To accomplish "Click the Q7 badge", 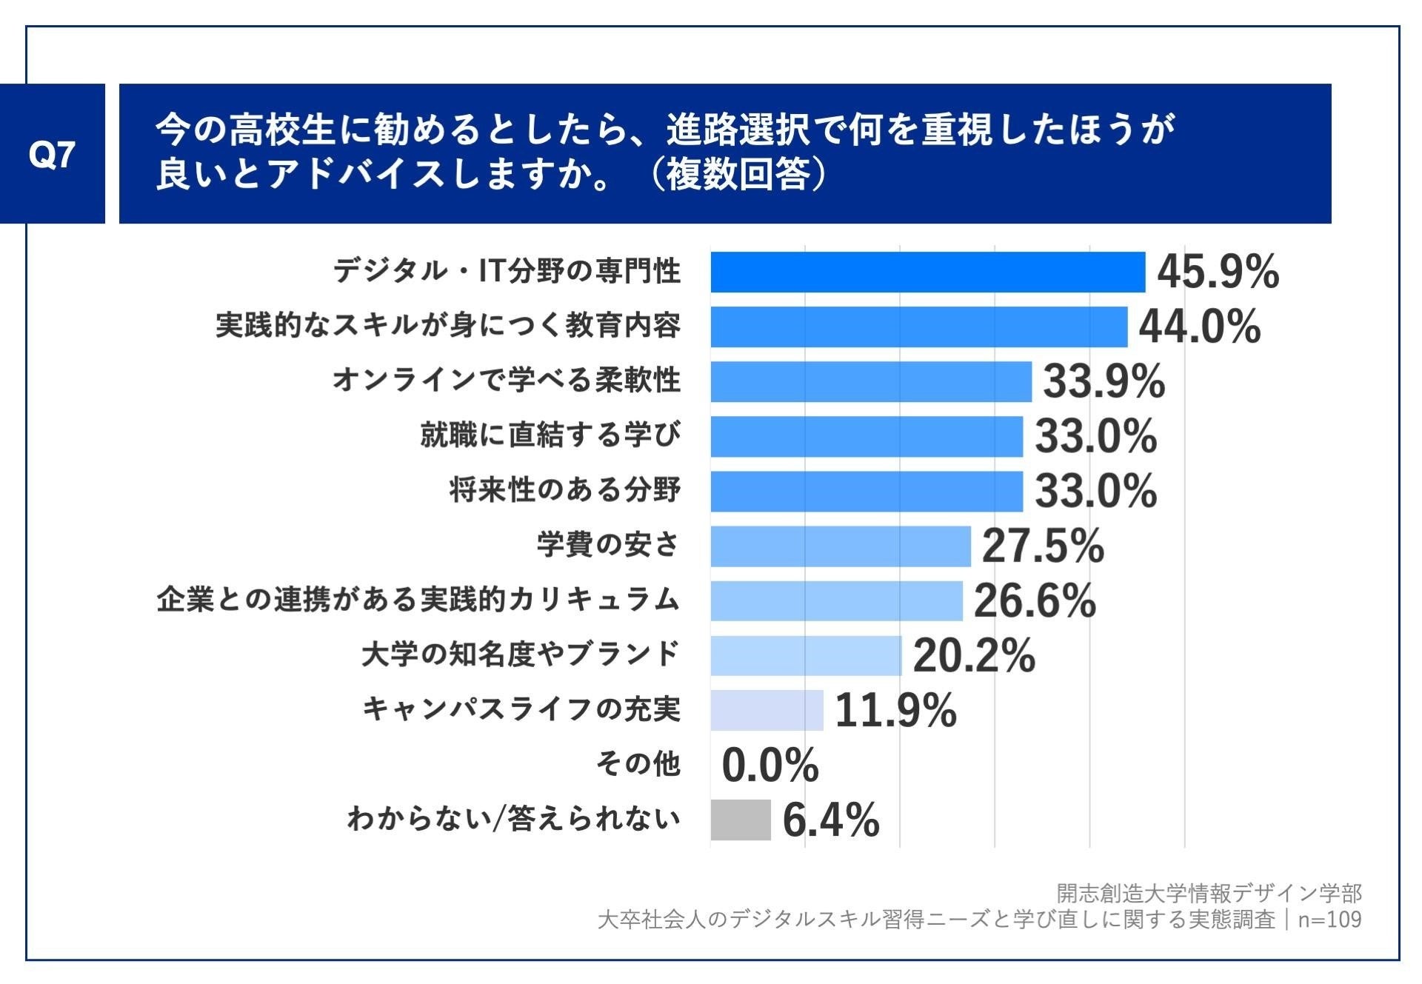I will [52, 154].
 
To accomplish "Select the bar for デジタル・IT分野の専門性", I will [927, 272].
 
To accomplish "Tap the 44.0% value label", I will [1199, 327].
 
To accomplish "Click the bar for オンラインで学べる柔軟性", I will [871, 381].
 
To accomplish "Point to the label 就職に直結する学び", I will [550, 435].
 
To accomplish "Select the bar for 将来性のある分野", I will [867, 491].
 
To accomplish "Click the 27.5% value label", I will [1043, 546].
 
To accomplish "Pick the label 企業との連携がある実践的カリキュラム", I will [418, 599].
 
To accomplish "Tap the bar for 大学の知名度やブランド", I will [806, 655].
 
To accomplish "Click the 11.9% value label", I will [895, 711].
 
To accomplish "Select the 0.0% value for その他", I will [770, 766].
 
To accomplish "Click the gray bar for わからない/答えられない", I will [740, 820].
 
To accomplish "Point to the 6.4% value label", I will [831, 820].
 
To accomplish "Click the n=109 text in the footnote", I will [1329, 920].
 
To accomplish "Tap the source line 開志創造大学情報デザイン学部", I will [1208, 893].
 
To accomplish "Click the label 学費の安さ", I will [607, 544].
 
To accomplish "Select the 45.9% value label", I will [1218, 272].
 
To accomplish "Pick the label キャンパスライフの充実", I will [521, 709].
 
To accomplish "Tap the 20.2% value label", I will [974, 656].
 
